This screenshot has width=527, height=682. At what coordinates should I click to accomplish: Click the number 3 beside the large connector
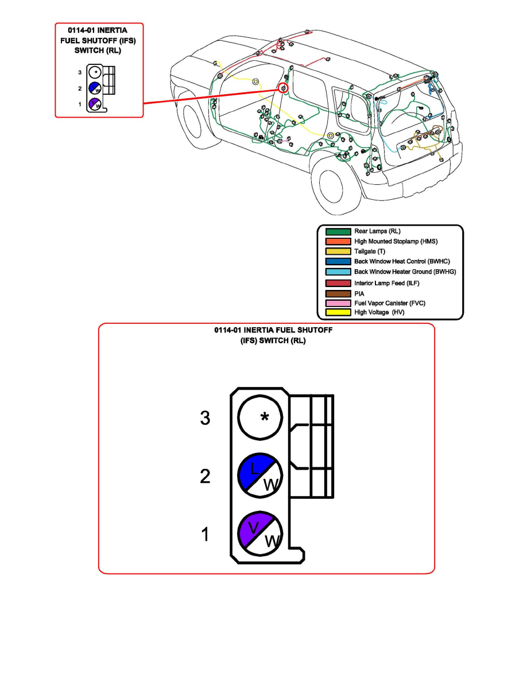205,418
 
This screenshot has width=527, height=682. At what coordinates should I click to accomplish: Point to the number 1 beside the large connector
204,536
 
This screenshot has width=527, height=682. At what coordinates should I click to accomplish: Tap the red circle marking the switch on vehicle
283,88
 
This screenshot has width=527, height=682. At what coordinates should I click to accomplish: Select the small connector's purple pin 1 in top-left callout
95,104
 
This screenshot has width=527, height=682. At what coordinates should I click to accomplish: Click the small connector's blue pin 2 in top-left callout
95,88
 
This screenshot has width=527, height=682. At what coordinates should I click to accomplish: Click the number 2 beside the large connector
205,476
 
